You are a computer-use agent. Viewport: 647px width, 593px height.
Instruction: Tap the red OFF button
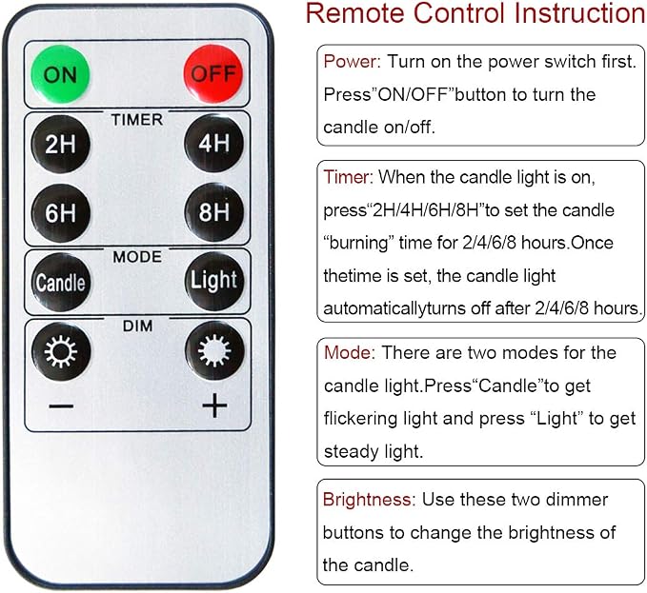tap(213, 73)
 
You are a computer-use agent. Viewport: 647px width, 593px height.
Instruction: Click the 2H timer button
tap(61, 145)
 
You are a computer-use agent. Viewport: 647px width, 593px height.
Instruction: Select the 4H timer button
tap(213, 144)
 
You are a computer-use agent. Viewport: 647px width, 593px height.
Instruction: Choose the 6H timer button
tap(61, 213)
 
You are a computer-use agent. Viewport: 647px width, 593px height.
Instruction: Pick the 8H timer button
tap(213, 212)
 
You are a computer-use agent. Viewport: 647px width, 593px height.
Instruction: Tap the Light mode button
tap(214, 282)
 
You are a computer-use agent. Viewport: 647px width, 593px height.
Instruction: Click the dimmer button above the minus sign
tap(61, 351)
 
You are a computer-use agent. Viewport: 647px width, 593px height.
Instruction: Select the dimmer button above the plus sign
tap(214, 350)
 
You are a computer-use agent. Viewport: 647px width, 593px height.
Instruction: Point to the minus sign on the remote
tap(61, 406)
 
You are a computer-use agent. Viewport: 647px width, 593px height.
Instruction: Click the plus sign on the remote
tap(214, 405)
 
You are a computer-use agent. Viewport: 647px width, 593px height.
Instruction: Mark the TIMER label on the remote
tap(137, 120)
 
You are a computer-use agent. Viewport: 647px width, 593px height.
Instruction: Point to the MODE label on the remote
tap(137, 257)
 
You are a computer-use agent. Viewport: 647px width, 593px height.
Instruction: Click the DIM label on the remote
tap(137, 326)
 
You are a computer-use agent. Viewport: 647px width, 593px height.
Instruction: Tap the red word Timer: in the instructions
tap(348, 178)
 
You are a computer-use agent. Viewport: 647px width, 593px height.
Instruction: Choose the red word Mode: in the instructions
tap(350, 353)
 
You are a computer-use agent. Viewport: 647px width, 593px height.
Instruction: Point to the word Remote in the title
tap(355, 13)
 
